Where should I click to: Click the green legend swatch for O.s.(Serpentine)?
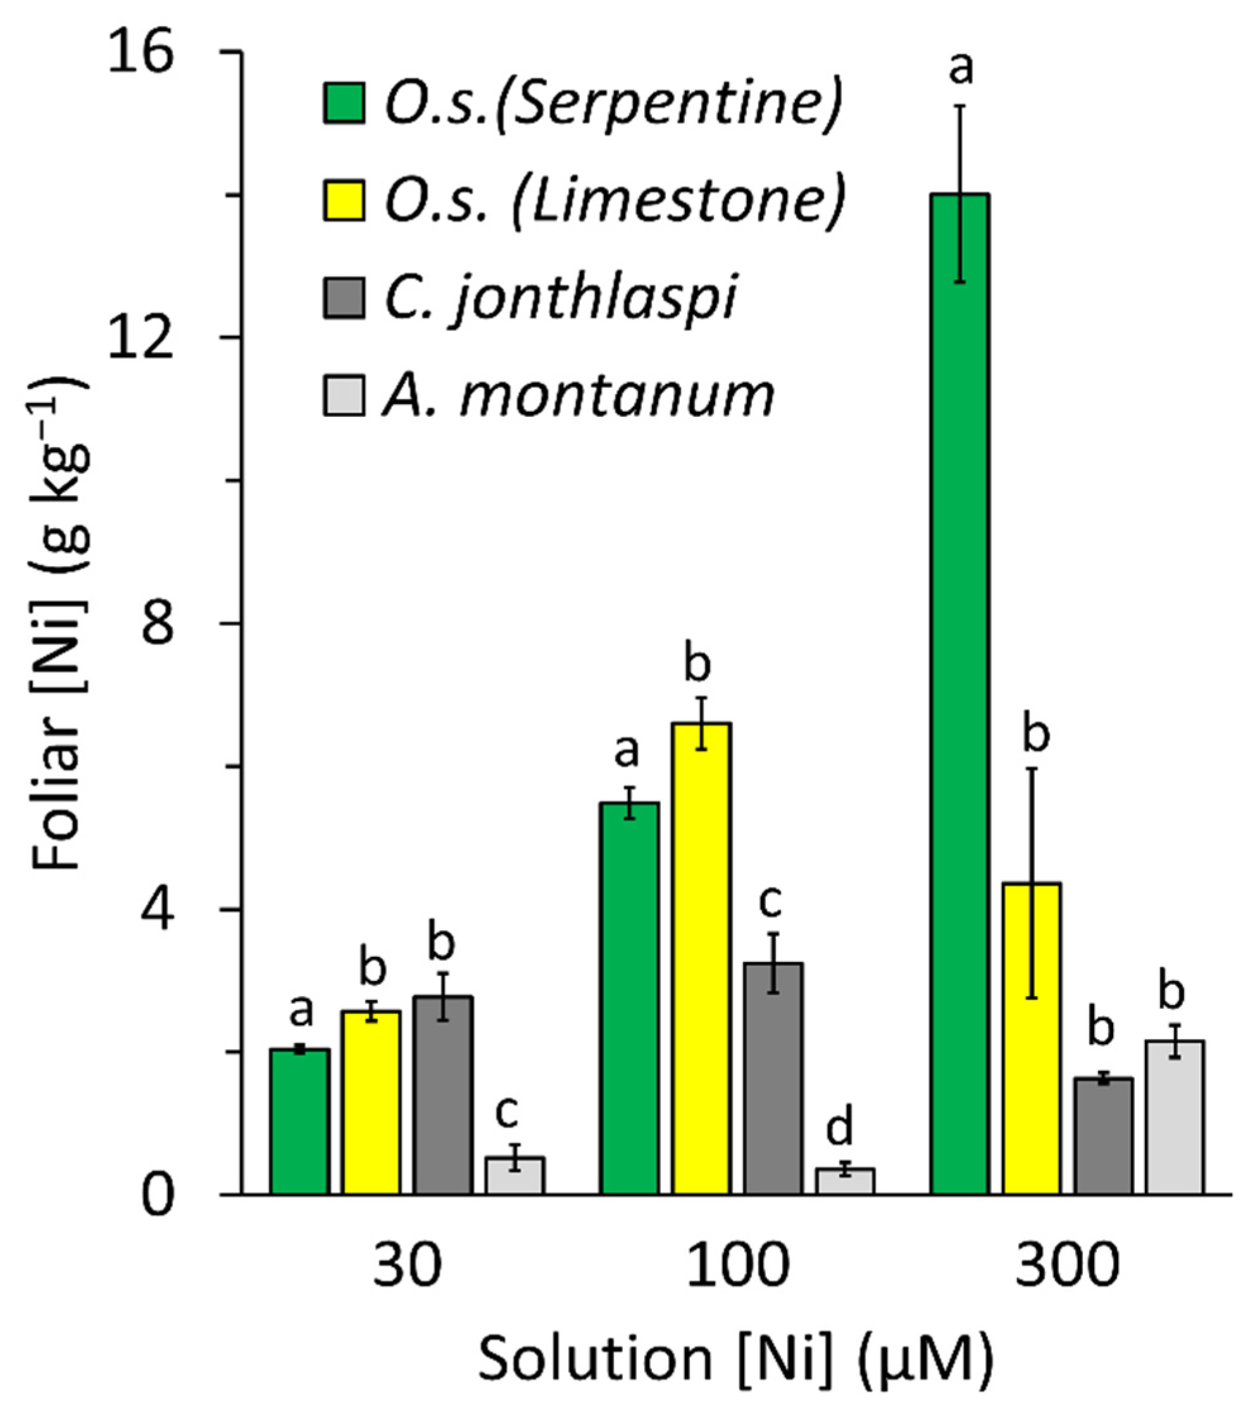click(344, 104)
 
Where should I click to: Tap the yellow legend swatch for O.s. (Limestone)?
click(344, 200)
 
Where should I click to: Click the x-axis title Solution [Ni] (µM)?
click(735, 1361)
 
